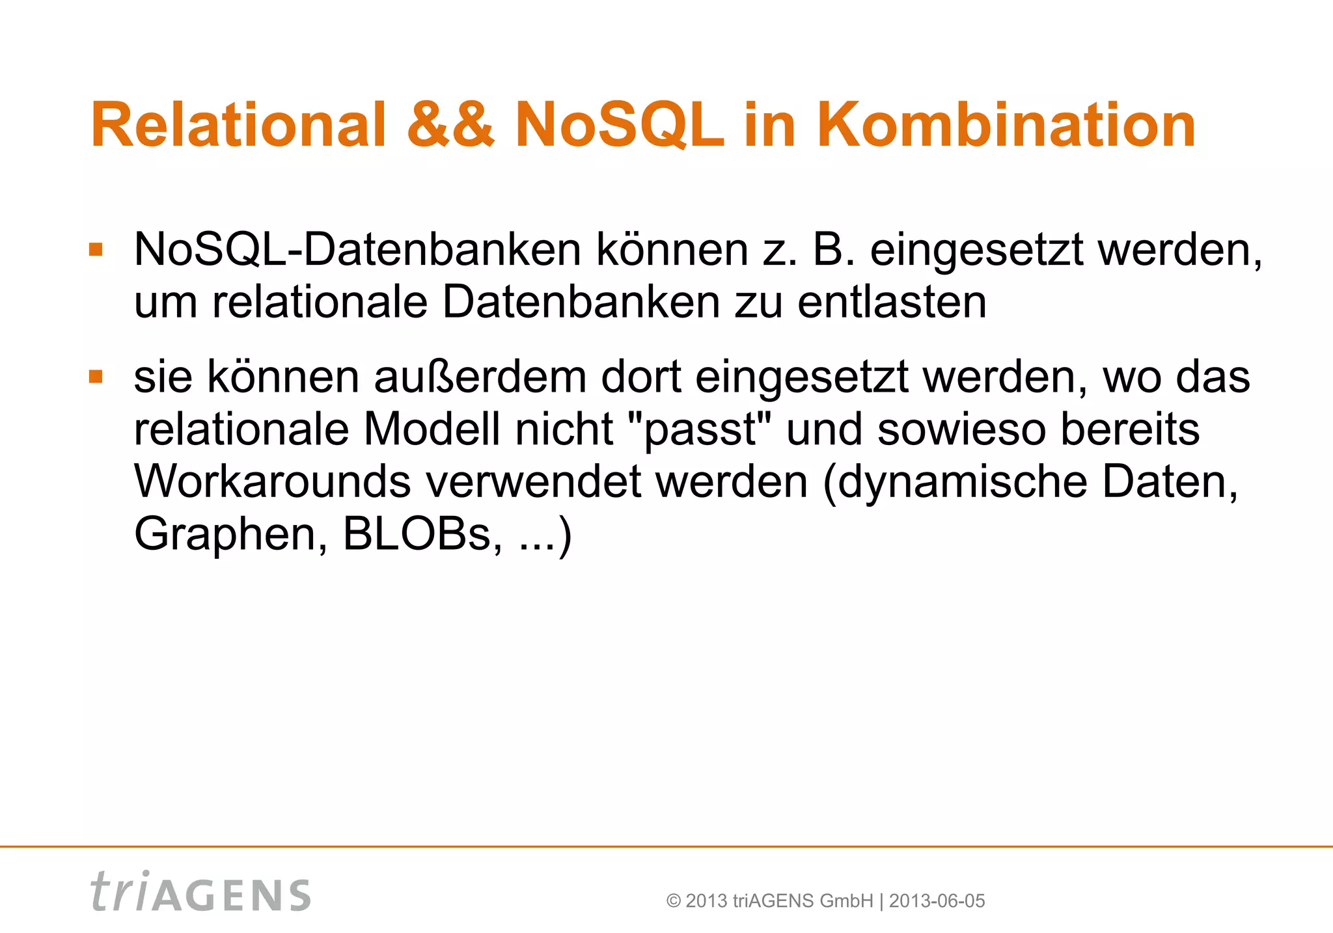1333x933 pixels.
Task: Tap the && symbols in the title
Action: point(450,125)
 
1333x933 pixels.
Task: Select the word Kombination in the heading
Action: point(1006,125)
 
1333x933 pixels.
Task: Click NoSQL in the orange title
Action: point(620,125)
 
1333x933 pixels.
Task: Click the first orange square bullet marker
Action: point(96,250)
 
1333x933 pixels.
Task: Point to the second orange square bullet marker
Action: point(96,377)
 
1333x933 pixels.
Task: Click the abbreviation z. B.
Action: point(809,250)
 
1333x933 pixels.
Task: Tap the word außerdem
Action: point(480,377)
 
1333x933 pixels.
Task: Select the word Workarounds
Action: point(273,481)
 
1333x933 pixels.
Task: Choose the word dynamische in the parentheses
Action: point(963,481)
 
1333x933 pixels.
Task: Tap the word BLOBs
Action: point(422,534)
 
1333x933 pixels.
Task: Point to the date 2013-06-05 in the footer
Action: point(937,901)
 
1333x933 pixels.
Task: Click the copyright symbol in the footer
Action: point(674,901)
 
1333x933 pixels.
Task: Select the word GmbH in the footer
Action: point(846,901)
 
